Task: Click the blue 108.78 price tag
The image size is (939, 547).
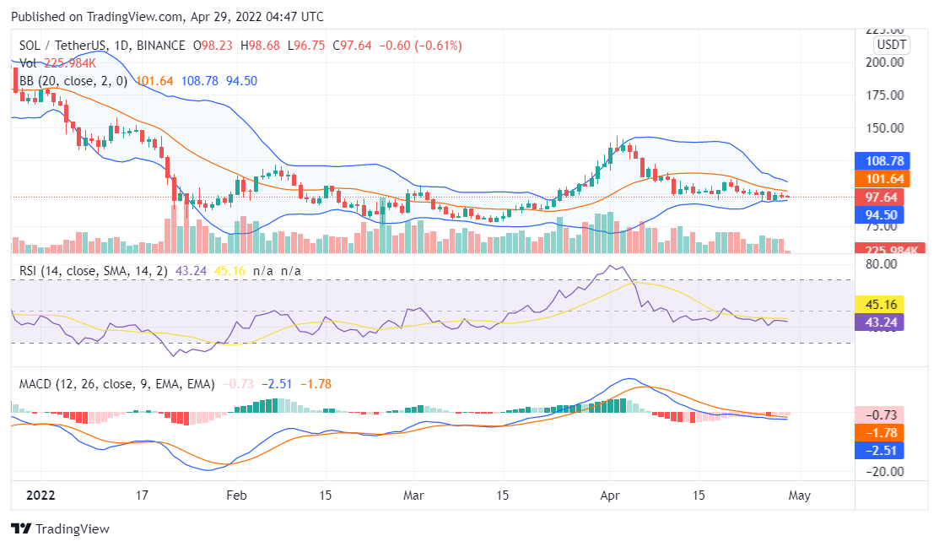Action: pos(881,160)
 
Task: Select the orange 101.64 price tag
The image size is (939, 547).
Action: pos(881,178)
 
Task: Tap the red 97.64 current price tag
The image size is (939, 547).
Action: pos(881,197)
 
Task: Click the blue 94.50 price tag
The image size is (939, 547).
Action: pos(881,214)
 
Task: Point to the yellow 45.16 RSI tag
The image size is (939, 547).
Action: pos(881,304)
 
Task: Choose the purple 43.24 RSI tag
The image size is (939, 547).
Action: pos(881,322)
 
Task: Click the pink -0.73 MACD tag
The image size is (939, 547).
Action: pos(881,414)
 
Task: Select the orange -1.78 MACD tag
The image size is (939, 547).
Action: pos(881,432)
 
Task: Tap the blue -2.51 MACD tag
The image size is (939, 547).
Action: pos(881,450)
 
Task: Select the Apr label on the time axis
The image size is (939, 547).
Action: pos(610,496)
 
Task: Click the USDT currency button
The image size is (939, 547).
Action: pos(891,45)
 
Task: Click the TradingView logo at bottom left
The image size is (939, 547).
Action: pos(60,529)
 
